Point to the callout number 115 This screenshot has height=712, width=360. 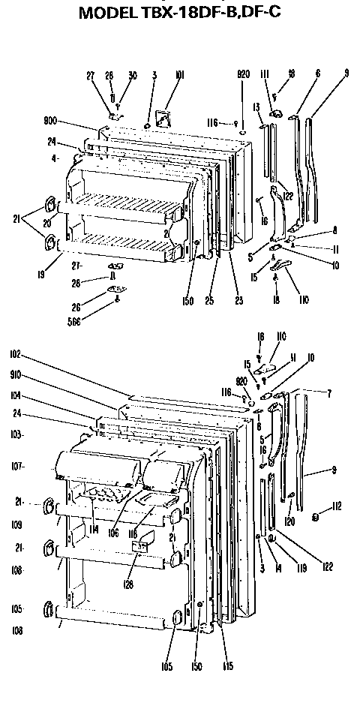coord(227,665)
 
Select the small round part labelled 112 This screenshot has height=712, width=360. coord(316,517)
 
